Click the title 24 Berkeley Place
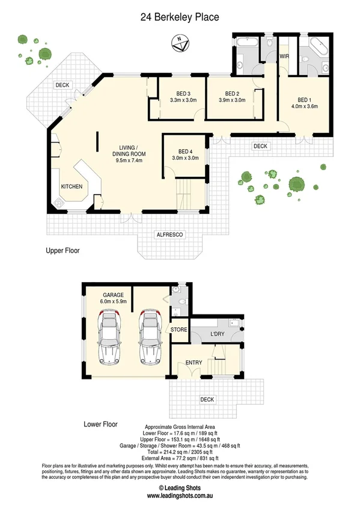pos(180,18)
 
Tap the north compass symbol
pos(178,42)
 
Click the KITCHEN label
pos(71,187)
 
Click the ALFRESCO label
pos(169,234)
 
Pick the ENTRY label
pos(194,362)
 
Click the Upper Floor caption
pos(63,250)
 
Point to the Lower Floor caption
pos(100,425)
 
